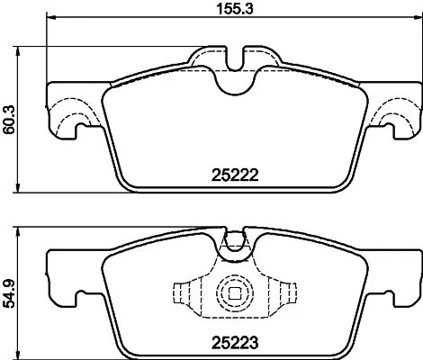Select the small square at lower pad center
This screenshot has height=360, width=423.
pyautogui.click(x=235, y=294)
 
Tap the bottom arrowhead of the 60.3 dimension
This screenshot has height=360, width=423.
pyautogui.click(x=23, y=190)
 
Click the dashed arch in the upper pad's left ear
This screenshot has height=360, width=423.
pyautogui.click(x=73, y=117)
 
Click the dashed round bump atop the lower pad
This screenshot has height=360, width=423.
pyautogui.click(x=235, y=241)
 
